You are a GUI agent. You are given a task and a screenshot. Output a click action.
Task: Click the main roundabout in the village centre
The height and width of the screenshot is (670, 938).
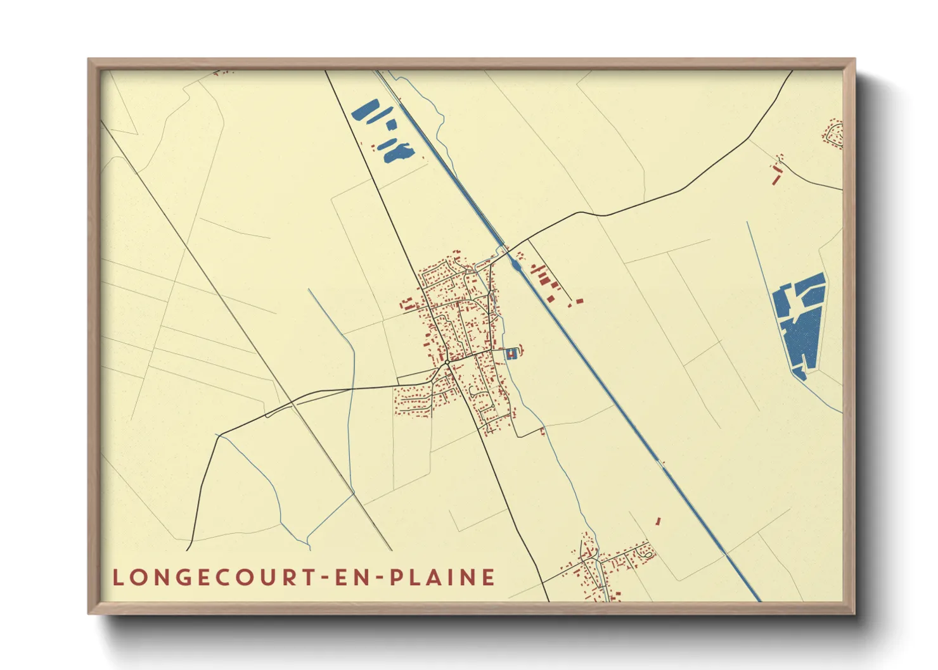pos(447,362)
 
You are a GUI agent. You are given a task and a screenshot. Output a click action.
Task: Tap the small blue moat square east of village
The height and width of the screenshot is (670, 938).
pos(512,355)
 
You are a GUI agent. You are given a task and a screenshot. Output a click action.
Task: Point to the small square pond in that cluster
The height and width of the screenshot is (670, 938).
pos(390,125)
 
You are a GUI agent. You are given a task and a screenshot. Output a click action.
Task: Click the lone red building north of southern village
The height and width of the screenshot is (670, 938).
pos(658,521)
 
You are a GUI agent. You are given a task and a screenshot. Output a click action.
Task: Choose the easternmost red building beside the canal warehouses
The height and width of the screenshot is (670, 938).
pos(579,301)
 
